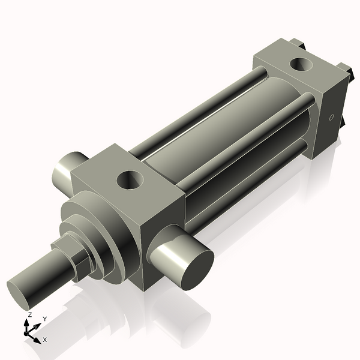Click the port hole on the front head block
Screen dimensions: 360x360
pos(131,179)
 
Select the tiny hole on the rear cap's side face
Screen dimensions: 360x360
pos(330,118)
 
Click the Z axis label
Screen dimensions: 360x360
pos(29,315)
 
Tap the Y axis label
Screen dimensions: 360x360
pos(44,319)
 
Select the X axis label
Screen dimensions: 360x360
pos(44,340)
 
